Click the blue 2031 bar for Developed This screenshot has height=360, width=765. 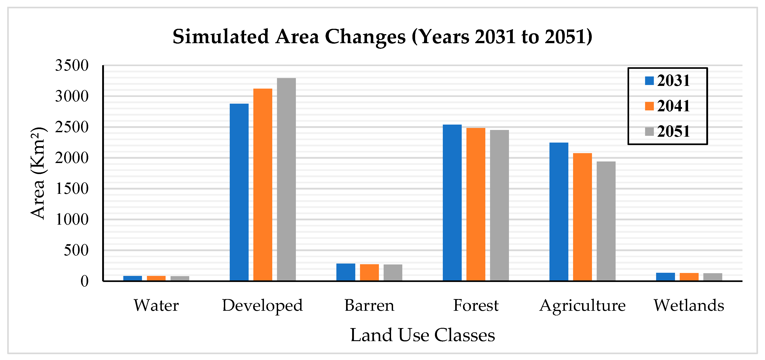239,192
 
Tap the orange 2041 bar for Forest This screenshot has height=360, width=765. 476,204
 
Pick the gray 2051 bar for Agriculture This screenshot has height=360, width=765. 606,221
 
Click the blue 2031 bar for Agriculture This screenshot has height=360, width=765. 559,211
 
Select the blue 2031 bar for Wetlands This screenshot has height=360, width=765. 665,277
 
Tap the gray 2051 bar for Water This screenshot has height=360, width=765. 180,278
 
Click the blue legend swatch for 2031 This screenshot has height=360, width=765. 649,81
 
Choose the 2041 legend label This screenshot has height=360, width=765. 673,106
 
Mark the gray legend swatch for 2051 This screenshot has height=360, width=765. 649,132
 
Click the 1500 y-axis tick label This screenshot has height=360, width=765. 72,189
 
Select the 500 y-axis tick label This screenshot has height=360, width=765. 76,250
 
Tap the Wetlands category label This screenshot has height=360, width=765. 689,305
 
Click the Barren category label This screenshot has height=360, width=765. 369,305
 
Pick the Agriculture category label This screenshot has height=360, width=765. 582,306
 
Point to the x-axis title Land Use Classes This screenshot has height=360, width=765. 422,335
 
